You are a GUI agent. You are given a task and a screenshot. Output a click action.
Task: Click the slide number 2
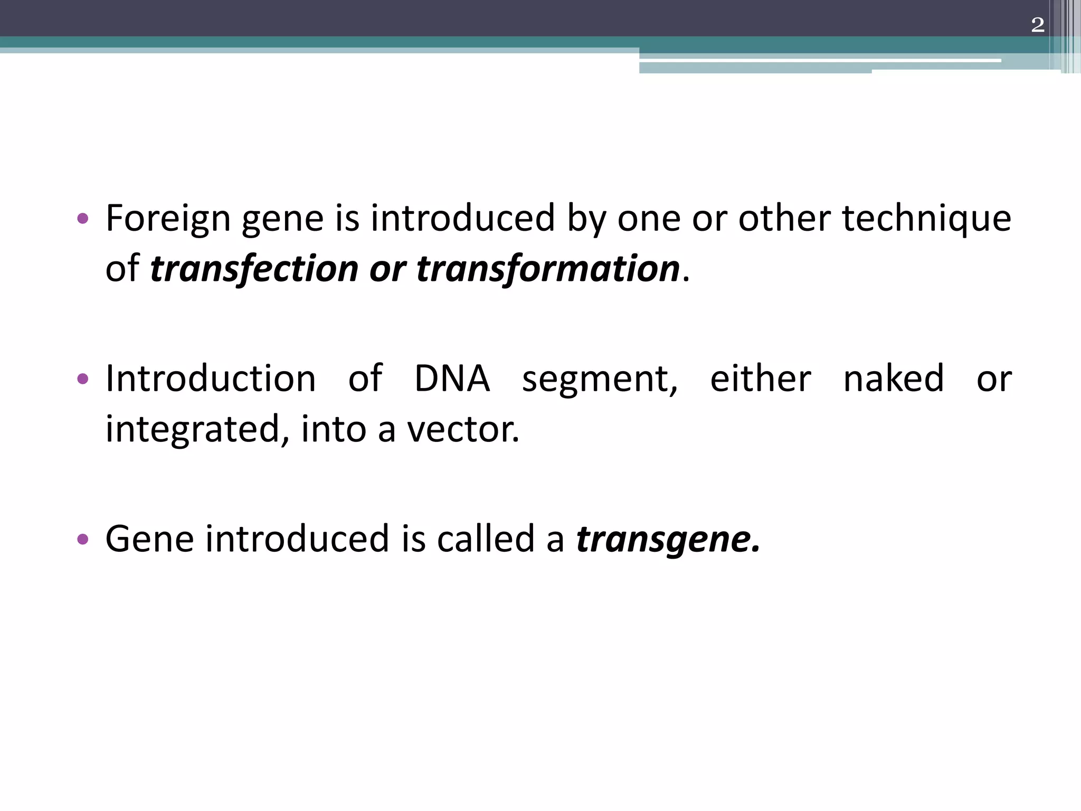click(1037, 25)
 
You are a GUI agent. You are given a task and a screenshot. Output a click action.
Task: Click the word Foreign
click(168, 218)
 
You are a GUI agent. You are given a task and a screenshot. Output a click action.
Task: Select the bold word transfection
click(254, 268)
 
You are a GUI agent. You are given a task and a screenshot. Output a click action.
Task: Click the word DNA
click(452, 379)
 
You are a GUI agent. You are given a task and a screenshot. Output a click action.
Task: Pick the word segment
click(600, 380)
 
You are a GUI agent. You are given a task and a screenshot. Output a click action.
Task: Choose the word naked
click(894, 379)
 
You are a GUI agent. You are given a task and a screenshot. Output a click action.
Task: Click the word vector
click(463, 429)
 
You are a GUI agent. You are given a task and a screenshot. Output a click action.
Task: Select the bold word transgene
click(668, 540)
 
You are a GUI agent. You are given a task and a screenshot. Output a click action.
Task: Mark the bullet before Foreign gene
click(82, 218)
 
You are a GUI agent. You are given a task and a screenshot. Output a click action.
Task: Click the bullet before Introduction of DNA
click(82, 379)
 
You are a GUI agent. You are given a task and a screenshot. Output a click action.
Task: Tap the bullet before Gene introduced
click(82, 539)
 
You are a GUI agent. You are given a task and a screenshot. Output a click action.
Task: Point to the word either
click(761, 379)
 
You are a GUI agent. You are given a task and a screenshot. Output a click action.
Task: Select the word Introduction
click(211, 379)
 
